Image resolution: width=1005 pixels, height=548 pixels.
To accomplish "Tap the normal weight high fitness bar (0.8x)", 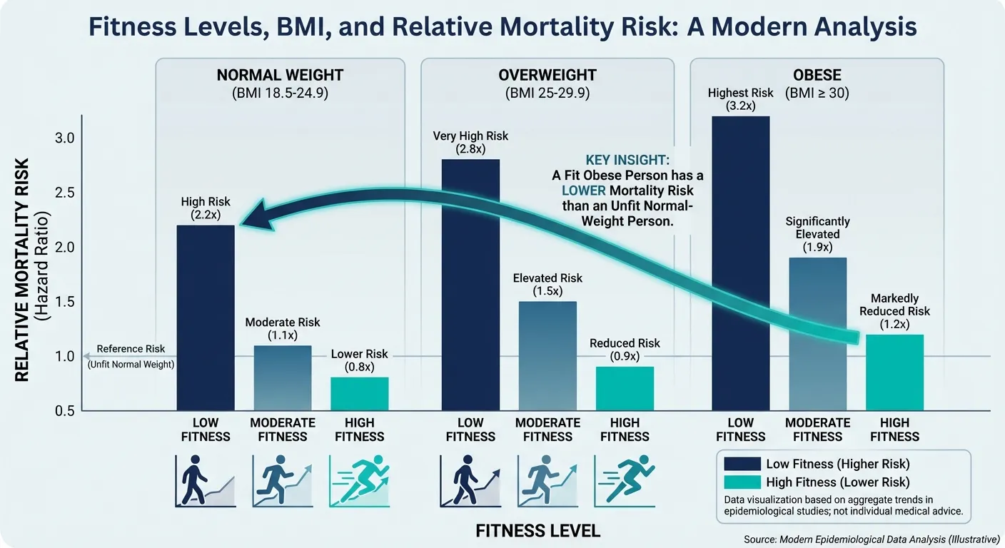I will pos(359,393).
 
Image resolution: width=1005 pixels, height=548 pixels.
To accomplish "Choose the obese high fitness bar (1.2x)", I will pos(894,372).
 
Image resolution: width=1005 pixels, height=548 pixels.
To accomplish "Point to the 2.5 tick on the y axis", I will pos(65,193).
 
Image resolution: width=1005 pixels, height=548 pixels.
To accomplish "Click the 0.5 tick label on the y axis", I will pos(65,411).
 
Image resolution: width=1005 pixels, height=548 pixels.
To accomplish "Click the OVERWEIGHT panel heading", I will pos(547,76).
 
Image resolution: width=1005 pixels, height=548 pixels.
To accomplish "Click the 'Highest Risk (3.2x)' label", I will pos(740,99).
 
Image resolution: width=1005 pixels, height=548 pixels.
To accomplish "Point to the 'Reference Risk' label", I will pos(131,349).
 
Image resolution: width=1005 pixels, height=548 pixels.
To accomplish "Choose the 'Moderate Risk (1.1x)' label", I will pos(283,328).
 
